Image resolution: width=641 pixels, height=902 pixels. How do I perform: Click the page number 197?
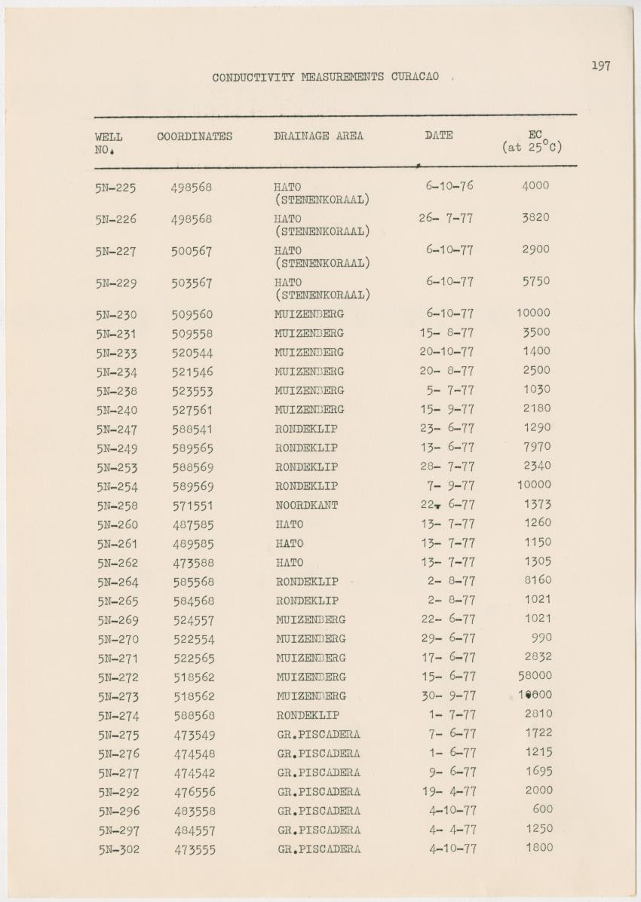[x=600, y=66]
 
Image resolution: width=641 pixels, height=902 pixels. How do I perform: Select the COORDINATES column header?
[x=195, y=136]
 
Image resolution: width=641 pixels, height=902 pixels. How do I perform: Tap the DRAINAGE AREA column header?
[x=318, y=136]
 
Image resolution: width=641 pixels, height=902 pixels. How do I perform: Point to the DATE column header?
[x=438, y=136]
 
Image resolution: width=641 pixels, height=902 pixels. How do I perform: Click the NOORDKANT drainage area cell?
[x=306, y=506]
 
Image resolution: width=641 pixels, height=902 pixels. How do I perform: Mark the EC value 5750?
[x=535, y=281]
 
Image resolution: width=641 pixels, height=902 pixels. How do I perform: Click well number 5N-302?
[x=118, y=849]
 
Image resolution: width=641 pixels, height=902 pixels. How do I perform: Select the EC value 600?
[x=542, y=809]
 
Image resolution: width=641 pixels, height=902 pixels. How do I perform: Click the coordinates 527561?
[x=192, y=410]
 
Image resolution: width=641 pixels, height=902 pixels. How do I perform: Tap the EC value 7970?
[x=537, y=447]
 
